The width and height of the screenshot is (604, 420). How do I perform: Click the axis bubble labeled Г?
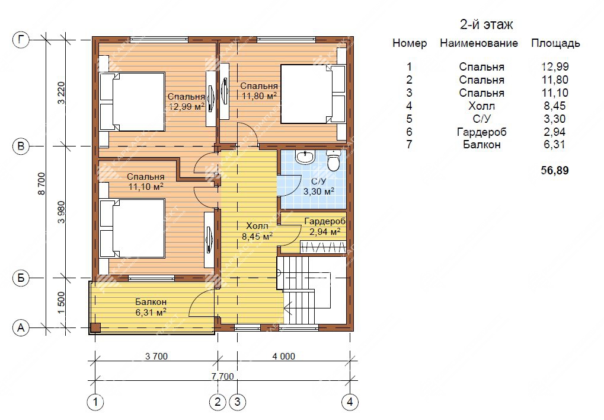pyautogui.click(x=21, y=40)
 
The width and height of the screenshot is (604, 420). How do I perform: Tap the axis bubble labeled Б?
pyautogui.click(x=21, y=278)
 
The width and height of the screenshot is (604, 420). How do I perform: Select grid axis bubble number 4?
pyautogui.click(x=350, y=402)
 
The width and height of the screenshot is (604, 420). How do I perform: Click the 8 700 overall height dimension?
pyautogui.click(x=41, y=183)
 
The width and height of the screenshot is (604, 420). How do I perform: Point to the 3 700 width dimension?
pyautogui.click(x=156, y=357)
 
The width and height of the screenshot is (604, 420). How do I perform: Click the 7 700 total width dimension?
pyautogui.click(x=223, y=376)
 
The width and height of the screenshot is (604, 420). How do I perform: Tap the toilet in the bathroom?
pyautogui.click(x=333, y=160)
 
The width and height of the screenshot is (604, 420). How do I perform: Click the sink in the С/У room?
pyautogui.click(x=305, y=157)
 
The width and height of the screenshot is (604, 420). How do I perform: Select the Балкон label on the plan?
pyautogui.click(x=151, y=302)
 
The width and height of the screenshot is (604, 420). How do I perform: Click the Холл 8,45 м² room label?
pyautogui.click(x=257, y=231)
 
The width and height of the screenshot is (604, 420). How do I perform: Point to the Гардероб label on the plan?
pyautogui.click(x=325, y=221)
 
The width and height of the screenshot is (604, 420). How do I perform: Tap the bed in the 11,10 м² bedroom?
pyautogui.click(x=133, y=228)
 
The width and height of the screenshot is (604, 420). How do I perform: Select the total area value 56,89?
pyautogui.click(x=555, y=170)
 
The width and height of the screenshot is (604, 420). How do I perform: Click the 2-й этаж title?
pyautogui.click(x=487, y=25)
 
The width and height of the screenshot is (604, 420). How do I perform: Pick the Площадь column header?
pyautogui.click(x=555, y=43)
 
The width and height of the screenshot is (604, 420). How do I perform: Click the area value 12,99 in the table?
pyautogui.click(x=555, y=66)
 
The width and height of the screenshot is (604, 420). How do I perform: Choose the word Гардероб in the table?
pyautogui.click(x=482, y=132)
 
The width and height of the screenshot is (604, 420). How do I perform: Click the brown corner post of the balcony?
pyautogui.click(x=95, y=327)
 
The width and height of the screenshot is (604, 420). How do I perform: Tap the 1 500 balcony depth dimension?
pyautogui.click(x=61, y=303)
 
